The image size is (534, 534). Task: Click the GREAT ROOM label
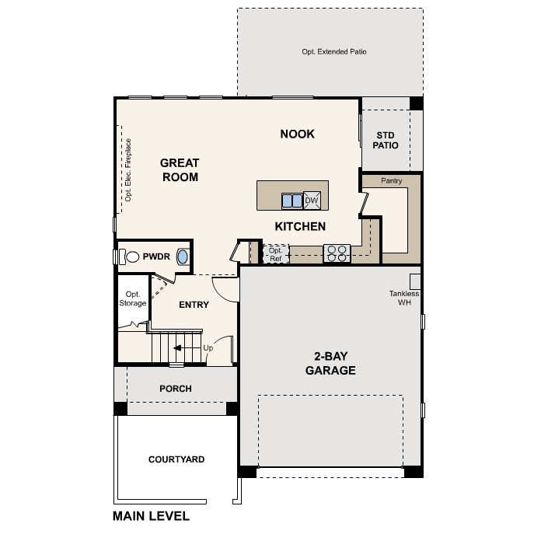coord(180,170)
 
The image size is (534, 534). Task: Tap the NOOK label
coord(297,134)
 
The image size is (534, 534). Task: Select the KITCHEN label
coord(299,226)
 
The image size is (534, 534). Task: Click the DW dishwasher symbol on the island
coord(312,201)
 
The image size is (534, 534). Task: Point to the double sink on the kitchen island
coord(291,201)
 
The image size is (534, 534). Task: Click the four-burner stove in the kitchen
coord(337,253)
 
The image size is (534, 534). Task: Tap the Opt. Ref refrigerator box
coord(275,254)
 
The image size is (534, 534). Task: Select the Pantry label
coord(391,180)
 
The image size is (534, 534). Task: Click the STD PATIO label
coord(386,140)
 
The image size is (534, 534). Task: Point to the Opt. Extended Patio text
coord(333,52)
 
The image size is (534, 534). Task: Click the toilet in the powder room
coord(130,256)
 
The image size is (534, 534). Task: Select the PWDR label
coord(156,256)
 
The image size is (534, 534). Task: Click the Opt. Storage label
coord(132,298)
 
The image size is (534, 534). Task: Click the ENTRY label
coord(194,305)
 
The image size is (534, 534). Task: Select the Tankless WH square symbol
coord(415,281)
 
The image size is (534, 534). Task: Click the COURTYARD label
coord(176,459)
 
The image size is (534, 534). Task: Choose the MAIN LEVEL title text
coord(151,515)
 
